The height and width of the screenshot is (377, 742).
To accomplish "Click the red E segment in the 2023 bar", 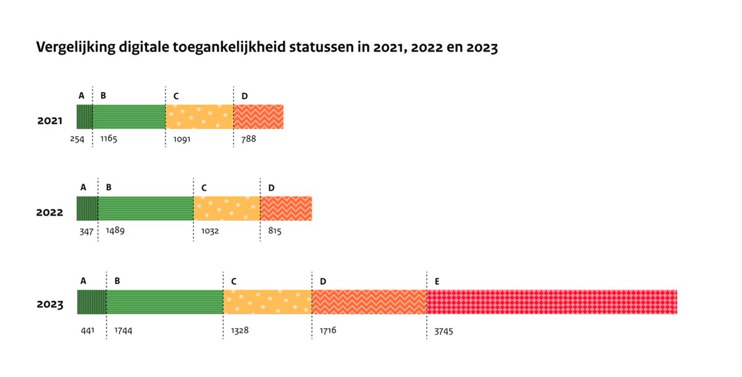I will [x=552, y=302].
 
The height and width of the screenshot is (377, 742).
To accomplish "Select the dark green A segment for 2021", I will [x=85, y=117].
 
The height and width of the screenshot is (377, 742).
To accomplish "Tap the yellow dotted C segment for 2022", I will [x=226, y=209].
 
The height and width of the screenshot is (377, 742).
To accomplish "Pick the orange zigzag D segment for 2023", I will [x=369, y=302].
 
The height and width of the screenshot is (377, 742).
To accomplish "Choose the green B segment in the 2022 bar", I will [x=145, y=209].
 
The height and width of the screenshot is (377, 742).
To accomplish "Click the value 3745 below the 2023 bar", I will [x=443, y=331].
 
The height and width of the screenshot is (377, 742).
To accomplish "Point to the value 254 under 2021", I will [x=77, y=139].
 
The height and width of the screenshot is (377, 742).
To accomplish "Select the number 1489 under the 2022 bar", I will [x=115, y=231].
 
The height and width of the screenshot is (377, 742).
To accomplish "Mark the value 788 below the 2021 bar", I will [x=248, y=139].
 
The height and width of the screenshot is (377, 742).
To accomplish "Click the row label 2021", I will [x=50, y=121].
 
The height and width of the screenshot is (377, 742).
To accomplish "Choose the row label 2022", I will [x=50, y=213].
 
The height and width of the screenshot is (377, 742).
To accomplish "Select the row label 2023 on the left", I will [x=50, y=305].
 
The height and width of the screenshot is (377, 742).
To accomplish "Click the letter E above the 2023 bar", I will [x=437, y=281].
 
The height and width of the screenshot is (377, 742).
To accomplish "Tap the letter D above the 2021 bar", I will [x=244, y=96].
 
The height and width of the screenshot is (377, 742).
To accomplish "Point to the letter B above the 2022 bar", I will [x=109, y=187].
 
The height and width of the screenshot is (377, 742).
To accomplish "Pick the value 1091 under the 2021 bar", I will [x=182, y=139].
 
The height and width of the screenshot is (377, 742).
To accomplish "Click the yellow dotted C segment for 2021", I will [x=199, y=117].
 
